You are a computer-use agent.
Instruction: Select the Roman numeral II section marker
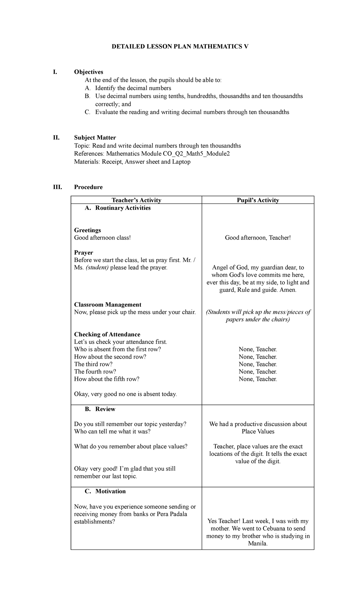[x=56, y=138]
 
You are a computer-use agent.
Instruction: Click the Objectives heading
[x=88, y=72]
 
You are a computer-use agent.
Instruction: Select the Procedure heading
[x=88, y=187]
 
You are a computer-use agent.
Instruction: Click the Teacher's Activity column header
[x=136, y=200]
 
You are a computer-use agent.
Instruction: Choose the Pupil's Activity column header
[x=258, y=200]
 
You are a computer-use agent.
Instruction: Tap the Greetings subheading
[x=87, y=230]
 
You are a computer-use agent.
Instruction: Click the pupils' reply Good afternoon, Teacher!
[x=258, y=238]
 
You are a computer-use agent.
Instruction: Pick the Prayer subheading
[x=83, y=253]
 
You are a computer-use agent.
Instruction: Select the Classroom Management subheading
[x=107, y=305]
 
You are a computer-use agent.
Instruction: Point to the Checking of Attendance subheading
[x=107, y=334]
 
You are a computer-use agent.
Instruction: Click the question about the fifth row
[x=106, y=379]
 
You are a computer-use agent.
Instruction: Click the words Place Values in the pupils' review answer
[x=258, y=432]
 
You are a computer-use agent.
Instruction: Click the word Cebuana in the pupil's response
[x=273, y=529]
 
